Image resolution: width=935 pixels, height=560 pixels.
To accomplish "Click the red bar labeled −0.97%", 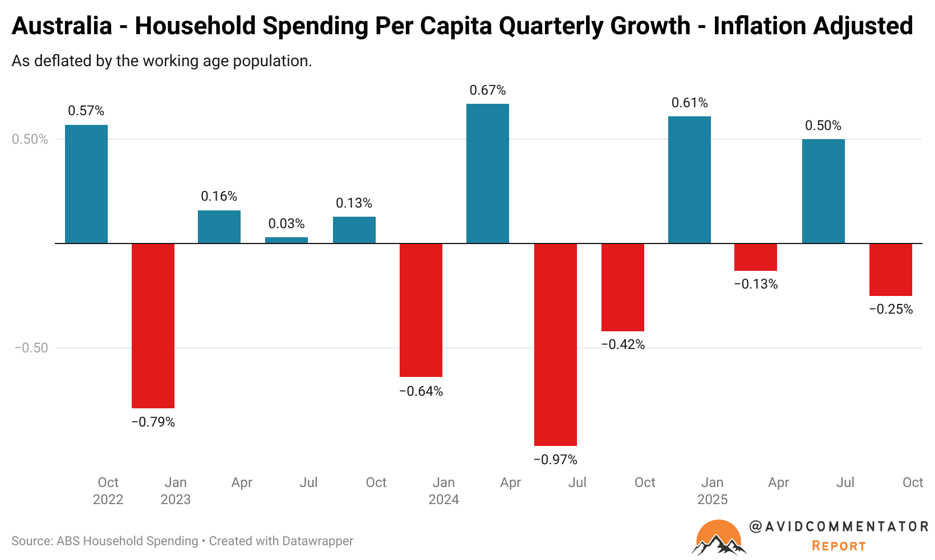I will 555,344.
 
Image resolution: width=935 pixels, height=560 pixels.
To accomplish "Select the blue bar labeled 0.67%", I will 487,173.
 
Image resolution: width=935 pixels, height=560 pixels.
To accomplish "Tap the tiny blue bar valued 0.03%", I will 286,240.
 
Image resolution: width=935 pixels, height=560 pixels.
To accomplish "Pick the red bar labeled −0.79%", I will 153,326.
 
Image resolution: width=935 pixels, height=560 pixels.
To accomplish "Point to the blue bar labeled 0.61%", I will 689,180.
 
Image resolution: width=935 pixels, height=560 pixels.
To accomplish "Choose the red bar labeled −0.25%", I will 891,270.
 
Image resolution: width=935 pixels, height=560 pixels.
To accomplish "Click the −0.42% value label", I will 623,344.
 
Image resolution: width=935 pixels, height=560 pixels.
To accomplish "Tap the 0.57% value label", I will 86,111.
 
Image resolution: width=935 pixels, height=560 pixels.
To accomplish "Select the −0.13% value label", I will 756,284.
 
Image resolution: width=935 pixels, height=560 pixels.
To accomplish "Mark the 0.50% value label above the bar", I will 823,125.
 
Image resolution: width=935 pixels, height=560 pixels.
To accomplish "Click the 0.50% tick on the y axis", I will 30,140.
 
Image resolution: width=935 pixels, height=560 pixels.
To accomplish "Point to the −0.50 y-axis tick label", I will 31,348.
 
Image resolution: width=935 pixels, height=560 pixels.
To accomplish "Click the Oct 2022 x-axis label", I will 108,491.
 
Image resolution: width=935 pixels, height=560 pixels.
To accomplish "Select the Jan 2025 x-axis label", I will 712,491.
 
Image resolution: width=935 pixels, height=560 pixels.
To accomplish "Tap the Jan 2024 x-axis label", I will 444,491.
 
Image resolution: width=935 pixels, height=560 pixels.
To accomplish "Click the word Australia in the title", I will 62,26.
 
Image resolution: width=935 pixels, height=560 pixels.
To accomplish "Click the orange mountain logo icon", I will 719,538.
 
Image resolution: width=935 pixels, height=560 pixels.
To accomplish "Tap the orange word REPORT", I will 839,546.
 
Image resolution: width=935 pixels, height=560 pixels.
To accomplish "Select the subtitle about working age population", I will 162,61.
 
